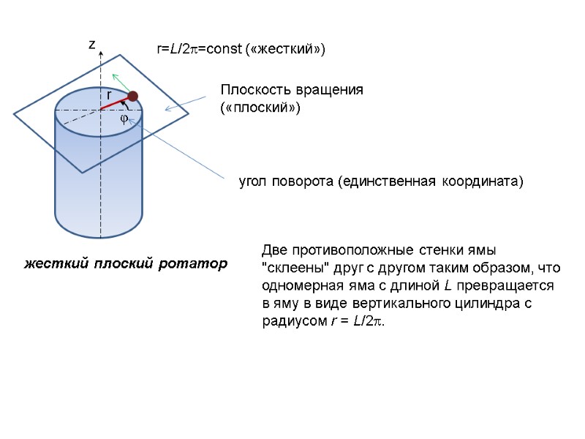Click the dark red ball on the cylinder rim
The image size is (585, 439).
[x=133, y=96]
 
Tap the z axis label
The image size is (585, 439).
[x=92, y=45]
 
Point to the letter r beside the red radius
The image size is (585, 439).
[x=107, y=95]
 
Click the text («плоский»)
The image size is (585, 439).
[x=260, y=108]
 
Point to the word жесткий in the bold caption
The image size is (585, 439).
[x=54, y=263]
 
